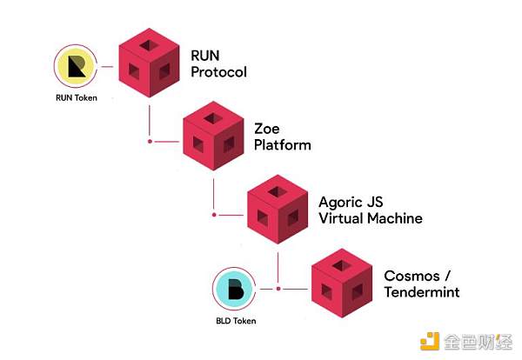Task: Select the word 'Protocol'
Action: (x=219, y=71)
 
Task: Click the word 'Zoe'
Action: (x=267, y=128)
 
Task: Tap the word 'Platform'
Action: (x=282, y=144)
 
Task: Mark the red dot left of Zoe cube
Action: (x=151, y=140)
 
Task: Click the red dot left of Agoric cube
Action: (x=215, y=214)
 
